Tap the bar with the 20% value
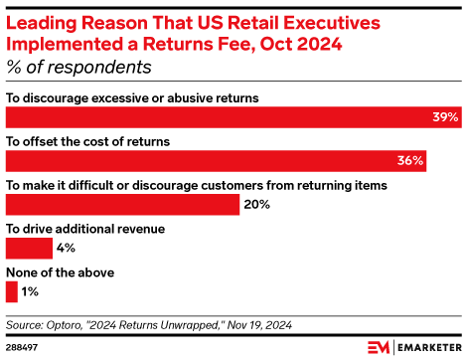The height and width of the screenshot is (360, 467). (122, 204)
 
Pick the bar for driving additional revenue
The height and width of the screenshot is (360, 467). (29, 248)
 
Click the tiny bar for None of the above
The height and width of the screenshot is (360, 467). (11, 291)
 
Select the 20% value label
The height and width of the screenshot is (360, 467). (256, 204)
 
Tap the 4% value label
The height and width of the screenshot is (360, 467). (66, 248)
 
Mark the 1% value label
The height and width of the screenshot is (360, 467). (30, 291)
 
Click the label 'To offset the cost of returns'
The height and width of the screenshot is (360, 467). (87, 141)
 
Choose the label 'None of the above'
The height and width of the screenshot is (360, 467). (61, 272)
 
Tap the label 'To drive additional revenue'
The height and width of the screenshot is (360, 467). (85, 229)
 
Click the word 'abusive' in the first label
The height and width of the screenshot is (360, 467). (191, 97)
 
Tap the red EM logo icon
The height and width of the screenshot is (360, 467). (378, 346)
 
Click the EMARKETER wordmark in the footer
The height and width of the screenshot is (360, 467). (426, 347)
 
